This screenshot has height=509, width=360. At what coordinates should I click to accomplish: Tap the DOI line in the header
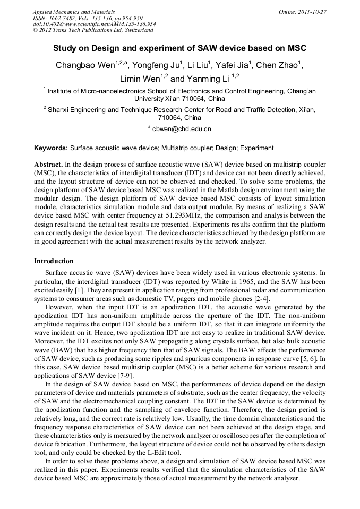(94, 24)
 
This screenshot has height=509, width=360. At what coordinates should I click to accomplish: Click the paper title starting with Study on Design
(179, 48)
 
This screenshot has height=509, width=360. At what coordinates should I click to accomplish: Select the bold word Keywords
(51, 148)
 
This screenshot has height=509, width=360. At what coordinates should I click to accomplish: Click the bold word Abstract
(49, 165)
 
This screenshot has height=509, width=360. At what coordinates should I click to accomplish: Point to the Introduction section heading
(54, 261)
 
